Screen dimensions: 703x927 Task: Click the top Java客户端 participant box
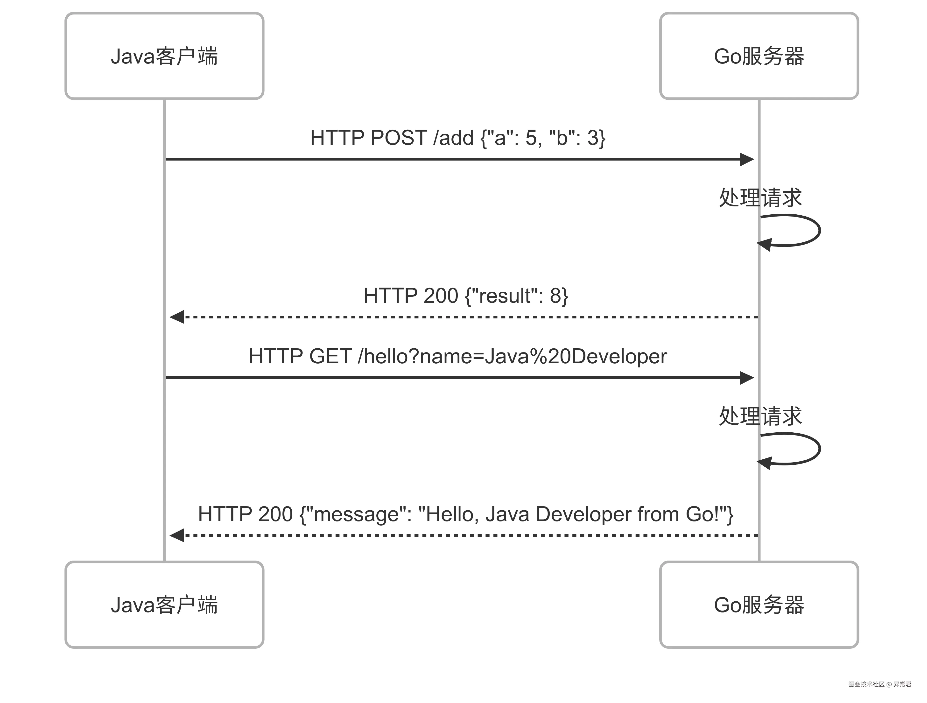tap(164, 56)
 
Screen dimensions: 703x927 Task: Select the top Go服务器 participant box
tap(759, 56)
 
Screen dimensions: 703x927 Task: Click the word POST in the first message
tap(399, 138)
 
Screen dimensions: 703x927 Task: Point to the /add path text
tap(453, 138)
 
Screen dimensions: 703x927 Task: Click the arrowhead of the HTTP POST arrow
tap(747, 159)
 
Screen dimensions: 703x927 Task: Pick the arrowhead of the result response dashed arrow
tap(177, 317)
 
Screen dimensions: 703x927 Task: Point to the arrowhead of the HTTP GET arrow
tap(747, 378)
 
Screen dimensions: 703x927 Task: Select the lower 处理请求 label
tap(760, 416)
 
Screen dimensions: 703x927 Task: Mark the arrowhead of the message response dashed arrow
tap(177, 535)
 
